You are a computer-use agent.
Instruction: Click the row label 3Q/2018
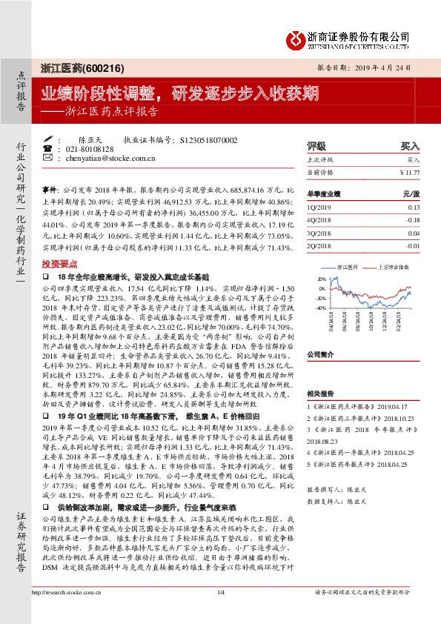[320, 232]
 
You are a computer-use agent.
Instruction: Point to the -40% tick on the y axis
[320, 307]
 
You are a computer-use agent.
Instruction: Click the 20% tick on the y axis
[322, 279]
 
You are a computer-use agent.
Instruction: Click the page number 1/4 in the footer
[220, 612]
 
